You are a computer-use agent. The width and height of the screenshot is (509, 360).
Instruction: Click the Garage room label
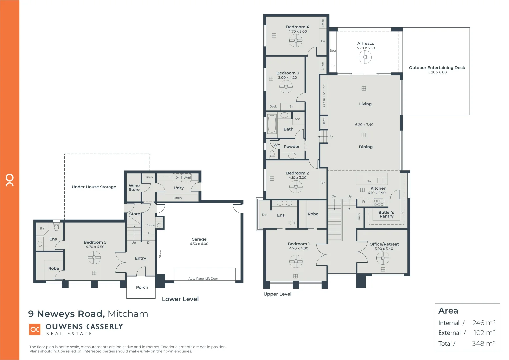[x=199, y=239]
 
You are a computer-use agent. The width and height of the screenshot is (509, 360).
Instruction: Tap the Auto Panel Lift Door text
[x=203, y=279]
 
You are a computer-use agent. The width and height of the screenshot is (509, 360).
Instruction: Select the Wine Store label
[x=134, y=188]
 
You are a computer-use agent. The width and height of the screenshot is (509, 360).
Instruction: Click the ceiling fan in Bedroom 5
[x=94, y=257]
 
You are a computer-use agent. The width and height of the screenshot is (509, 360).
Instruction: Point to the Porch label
[x=142, y=287]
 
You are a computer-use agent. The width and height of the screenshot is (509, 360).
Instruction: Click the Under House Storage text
[x=94, y=187]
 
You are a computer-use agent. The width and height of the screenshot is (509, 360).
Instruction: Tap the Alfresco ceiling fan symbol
[x=365, y=57]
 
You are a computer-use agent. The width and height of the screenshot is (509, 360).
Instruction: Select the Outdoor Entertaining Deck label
[x=437, y=68]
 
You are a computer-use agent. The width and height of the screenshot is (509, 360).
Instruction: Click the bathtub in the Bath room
[x=272, y=124]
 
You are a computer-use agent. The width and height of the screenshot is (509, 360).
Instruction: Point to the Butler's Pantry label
[x=386, y=214]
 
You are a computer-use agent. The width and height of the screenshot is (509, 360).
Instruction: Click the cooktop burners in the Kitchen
[x=378, y=202]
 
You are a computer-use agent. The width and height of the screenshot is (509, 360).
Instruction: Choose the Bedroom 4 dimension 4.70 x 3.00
[x=297, y=32]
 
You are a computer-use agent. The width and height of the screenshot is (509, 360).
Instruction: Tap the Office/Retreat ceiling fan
[x=383, y=258]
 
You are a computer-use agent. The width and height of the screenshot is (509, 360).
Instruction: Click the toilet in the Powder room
[x=272, y=154]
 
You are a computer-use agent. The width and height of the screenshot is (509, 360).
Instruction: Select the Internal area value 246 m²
[x=484, y=323]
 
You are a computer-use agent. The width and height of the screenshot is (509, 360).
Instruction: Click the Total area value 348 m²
[x=484, y=343]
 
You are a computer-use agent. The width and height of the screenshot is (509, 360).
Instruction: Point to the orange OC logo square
[x=35, y=329]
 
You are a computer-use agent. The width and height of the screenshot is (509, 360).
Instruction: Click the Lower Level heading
[x=180, y=299]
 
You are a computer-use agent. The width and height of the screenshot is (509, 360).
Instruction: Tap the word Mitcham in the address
[x=128, y=314]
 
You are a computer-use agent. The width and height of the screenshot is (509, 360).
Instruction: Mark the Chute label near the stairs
[x=150, y=225]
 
